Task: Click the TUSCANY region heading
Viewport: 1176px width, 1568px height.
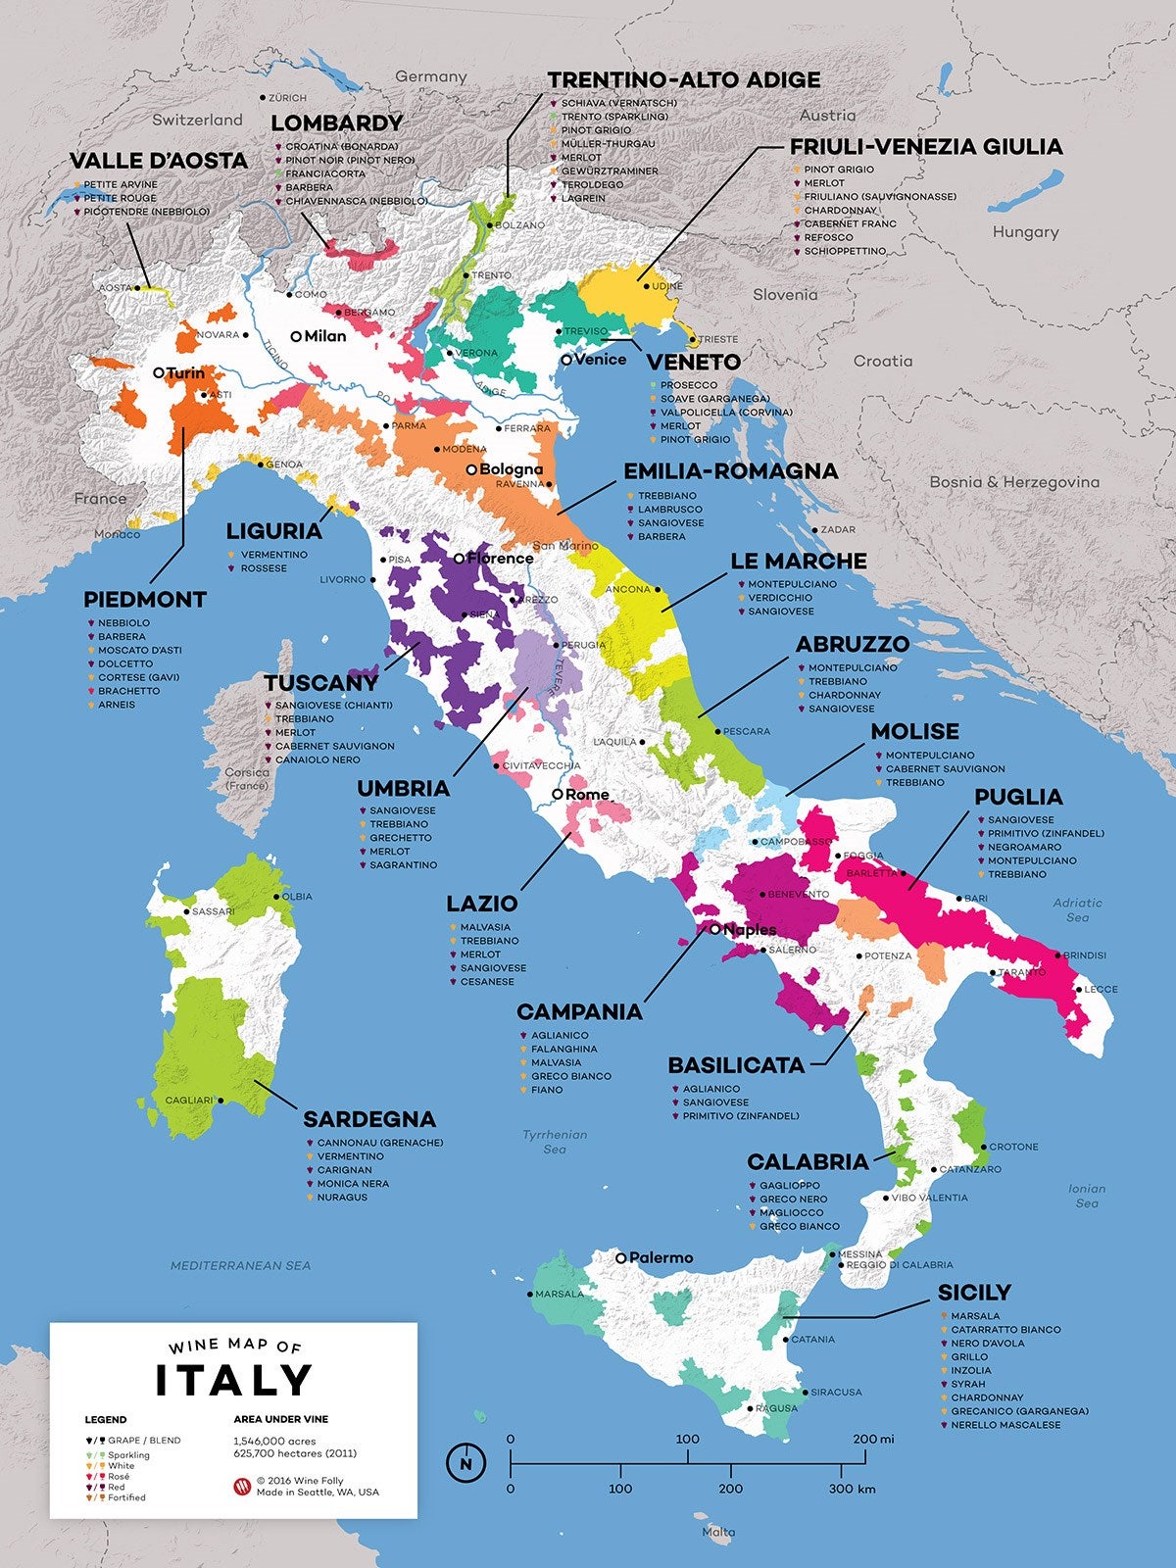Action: [x=320, y=683]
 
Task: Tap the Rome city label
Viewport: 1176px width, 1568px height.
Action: [x=587, y=794]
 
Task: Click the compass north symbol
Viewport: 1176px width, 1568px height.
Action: [x=465, y=1463]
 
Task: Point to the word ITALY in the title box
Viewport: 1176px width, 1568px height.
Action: [x=233, y=1380]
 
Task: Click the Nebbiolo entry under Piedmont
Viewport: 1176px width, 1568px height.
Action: [x=123, y=622]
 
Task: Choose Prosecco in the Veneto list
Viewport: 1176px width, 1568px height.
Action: [x=688, y=385]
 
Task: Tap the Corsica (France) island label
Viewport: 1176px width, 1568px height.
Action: [x=247, y=779]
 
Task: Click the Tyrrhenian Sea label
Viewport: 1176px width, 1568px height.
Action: [x=555, y=1142]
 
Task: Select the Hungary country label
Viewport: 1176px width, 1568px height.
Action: [x=1025, y=232]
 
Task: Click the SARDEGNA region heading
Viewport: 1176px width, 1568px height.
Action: [x=369, y=1119]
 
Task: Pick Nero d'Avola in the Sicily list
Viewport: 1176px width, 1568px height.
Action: [x=987, y=1343]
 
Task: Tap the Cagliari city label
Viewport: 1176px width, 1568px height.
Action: [x=188, y=1101]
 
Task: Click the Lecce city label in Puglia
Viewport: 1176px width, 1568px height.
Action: [x=1100, y=989]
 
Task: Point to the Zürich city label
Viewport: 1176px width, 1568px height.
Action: [x=286, y=98]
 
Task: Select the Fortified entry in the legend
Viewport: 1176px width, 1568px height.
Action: [x=126, y=1497]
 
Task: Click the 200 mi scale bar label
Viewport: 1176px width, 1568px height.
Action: [x=872, y=1439]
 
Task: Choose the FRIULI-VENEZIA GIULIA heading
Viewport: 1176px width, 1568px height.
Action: [x=926, y=147]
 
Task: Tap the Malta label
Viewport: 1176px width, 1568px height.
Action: [x=718, y=1532]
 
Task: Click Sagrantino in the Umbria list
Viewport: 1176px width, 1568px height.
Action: [x=403, y=865]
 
